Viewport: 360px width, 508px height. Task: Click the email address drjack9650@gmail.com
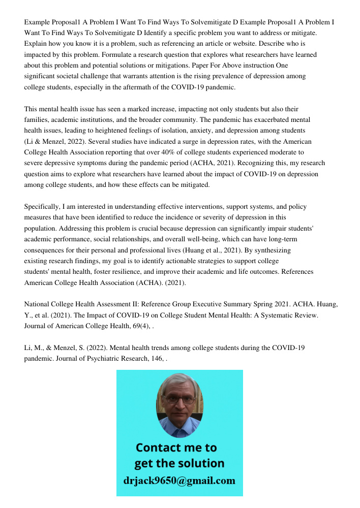point(179,481)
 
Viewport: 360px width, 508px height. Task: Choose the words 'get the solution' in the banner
point(179,464)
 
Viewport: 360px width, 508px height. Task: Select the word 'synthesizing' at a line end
point(272,250)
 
